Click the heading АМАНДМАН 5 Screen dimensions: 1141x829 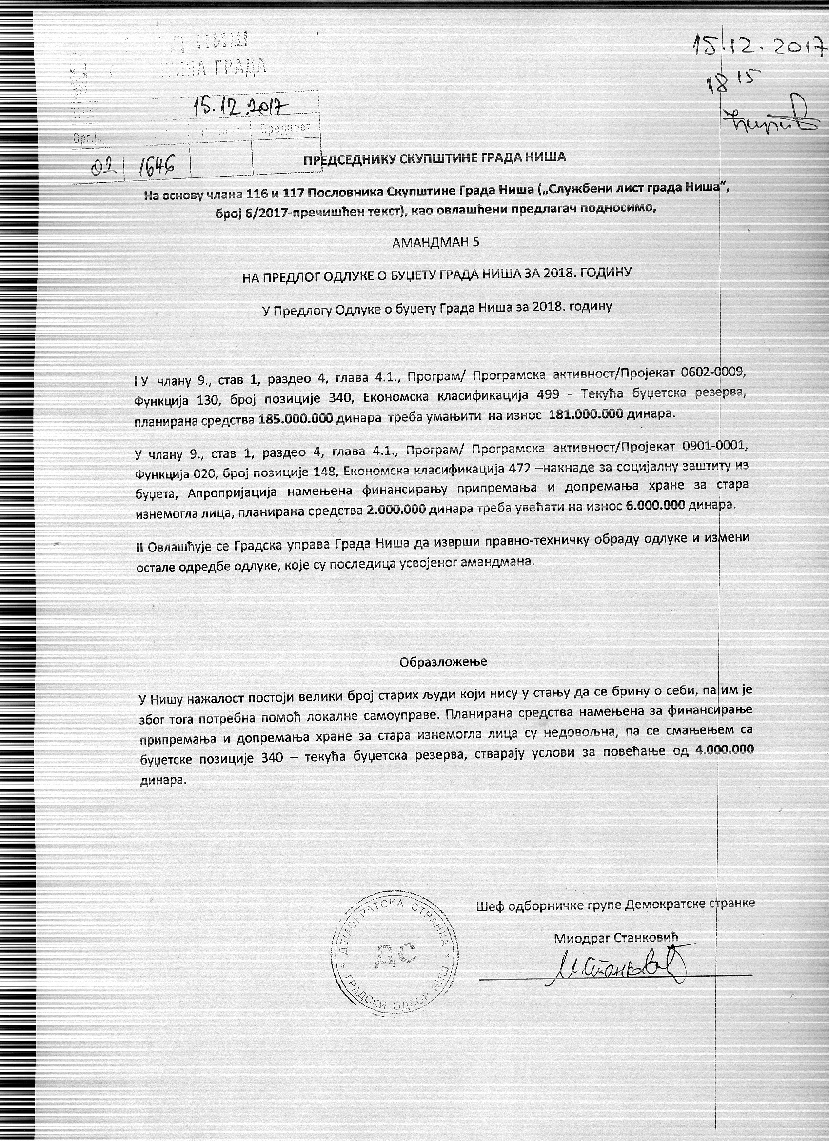[x=435, y=242]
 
